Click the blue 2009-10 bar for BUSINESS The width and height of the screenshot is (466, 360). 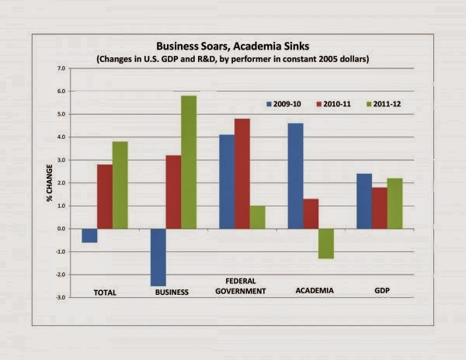[158, 257]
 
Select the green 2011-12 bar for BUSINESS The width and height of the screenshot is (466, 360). [188, 162]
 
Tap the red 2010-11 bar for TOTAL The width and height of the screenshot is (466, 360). [104, 196]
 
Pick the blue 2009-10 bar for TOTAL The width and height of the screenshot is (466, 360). [89, 235]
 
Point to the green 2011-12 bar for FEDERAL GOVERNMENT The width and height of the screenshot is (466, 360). [257, 217]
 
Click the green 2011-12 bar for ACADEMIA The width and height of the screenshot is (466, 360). [325, 244]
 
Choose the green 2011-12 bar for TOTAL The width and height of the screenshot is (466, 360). [120, 185]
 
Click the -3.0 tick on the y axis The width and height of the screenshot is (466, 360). [61, 297]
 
